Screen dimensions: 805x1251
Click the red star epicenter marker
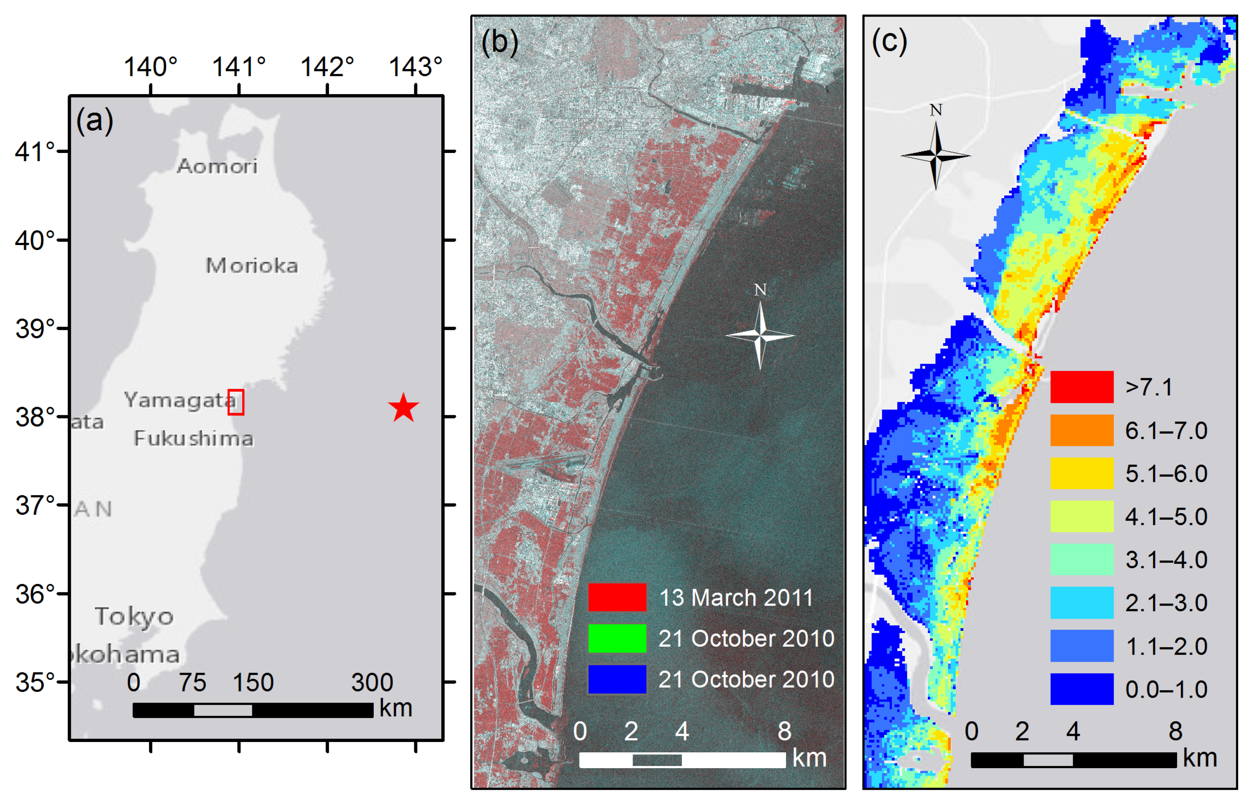click(403, 408)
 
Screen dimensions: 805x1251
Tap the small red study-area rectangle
click(236, 402)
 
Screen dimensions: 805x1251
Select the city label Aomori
click(217, 166)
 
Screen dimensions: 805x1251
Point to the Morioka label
click(251, 266)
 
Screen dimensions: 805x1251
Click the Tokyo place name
click(134, 616)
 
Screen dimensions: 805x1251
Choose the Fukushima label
click(194, 438)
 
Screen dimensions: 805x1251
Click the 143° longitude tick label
click(415, 67)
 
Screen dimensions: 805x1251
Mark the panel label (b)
click(499, 42)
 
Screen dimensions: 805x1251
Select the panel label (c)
click(890, 42)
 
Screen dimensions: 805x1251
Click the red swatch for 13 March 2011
click(617, 597)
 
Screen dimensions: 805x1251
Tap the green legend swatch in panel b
click(617, 638)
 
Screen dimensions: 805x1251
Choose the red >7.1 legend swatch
click(1081, 387)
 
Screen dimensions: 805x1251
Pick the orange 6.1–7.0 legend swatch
click(1081, 430)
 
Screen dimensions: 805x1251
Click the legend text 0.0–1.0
click(1166, 689)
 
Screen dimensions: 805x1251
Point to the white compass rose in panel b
click(760, 335)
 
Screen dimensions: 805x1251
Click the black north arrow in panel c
click(936, 155)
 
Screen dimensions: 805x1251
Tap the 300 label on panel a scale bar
click(372, 682)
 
